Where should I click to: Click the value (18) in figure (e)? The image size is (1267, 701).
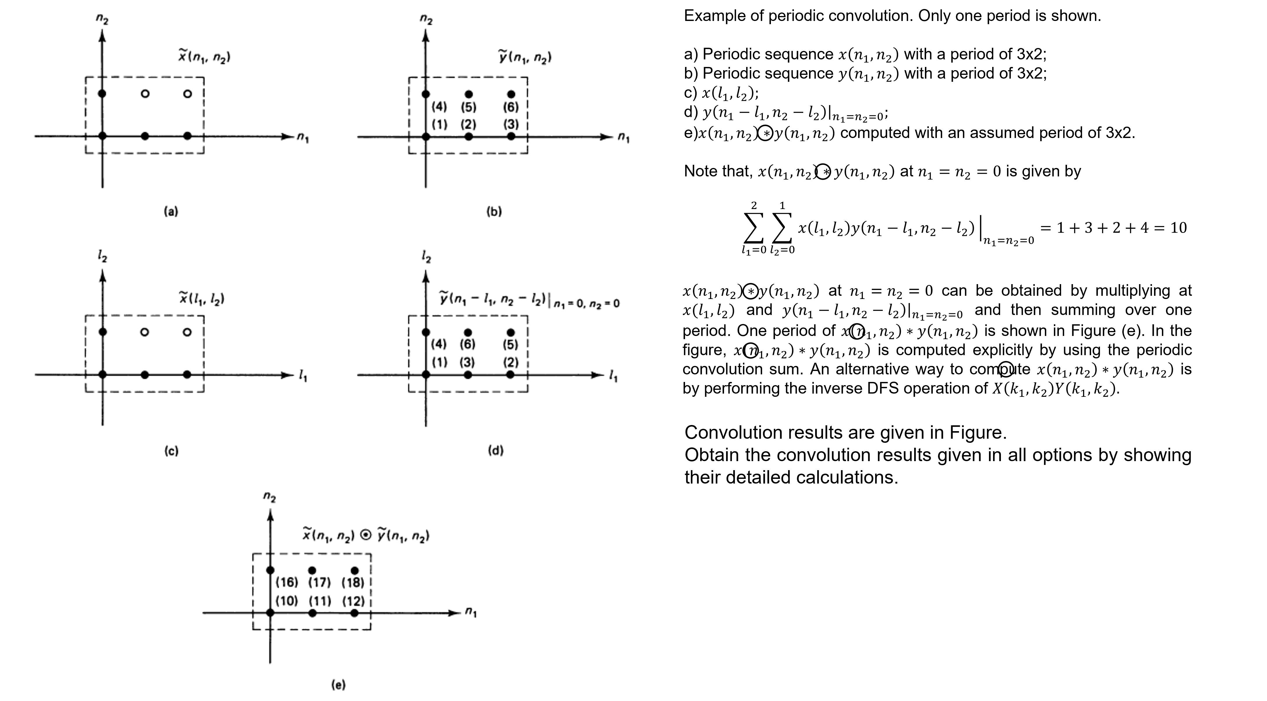point(353,583)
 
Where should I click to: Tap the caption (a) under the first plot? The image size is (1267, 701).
point(171,212)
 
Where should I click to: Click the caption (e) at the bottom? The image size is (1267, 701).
point(338,684)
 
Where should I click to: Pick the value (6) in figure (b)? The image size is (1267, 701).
point(511,106)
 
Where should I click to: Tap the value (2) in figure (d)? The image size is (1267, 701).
point(511,362)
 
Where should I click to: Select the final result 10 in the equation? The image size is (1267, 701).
point(1178,228)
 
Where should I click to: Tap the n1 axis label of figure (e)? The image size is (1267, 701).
point(471,613)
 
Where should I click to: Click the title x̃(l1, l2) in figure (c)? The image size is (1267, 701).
point(202,298)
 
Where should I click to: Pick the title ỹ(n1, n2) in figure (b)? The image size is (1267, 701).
point(525,58)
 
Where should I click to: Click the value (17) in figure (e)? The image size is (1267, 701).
point(319,583)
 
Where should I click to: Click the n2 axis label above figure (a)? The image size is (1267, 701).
point(102,20)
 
